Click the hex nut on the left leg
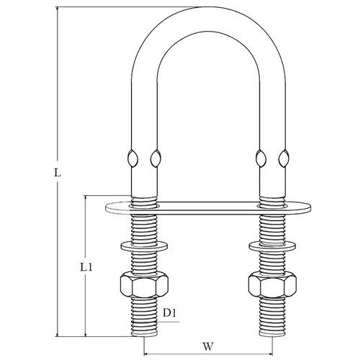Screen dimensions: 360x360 143,284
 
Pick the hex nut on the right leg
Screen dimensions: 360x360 272,284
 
